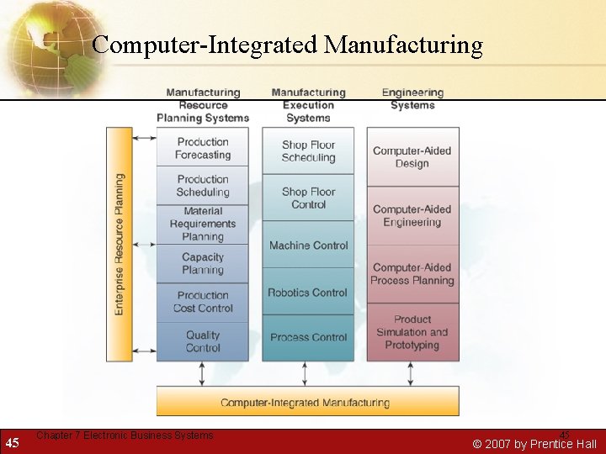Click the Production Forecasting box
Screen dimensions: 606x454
coord(203,148)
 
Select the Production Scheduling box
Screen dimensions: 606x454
coord(203,186)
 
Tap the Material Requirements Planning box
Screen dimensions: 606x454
coord(203,224)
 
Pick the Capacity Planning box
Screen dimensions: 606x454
coord(203,263)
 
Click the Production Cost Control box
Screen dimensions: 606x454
coord(203,302)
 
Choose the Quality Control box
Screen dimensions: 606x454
coord(203,341)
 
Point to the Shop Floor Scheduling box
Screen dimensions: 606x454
coord(308,151)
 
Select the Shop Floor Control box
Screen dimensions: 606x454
coord(308,198)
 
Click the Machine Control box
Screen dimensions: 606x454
coord(308,245)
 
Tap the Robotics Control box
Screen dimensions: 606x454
coord(308,293)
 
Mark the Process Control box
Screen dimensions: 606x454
coord(308,337)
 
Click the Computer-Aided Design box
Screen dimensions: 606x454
coord(412,157)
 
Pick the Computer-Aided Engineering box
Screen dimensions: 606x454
coord(412,216)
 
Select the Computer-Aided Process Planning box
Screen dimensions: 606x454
coord(412,274)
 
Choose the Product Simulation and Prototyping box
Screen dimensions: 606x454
coord(412,332)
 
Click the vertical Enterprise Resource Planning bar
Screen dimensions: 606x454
coord(120,244)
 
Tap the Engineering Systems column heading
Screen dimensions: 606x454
coord(412,99)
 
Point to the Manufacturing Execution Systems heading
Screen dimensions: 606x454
coord(308,105)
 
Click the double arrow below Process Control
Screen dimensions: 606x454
coord(308,374)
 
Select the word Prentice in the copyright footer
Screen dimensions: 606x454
coord(535,444)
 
